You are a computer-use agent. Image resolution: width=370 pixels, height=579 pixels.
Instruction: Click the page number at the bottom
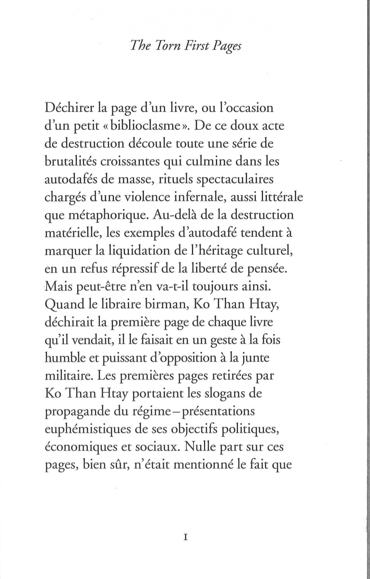click(185, 538)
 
